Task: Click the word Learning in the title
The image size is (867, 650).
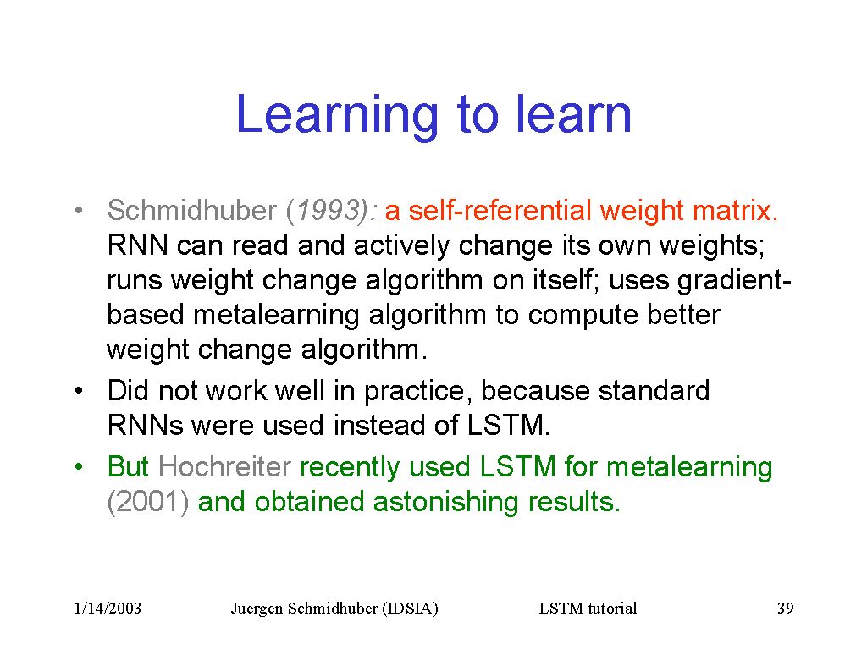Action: point(337,116)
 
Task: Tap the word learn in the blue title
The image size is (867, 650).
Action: point(573,114)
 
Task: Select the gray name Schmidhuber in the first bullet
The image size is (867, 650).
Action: point(192,210)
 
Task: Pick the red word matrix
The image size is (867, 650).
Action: point(736,210)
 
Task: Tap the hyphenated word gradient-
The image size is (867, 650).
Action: point(735,280)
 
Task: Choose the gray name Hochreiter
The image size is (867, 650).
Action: point(224,466)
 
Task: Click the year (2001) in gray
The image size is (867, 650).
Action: point(148,502)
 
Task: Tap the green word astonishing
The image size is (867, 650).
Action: point(445,502)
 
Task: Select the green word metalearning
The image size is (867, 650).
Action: point(689,467)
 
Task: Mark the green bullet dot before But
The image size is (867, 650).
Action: point(79,467)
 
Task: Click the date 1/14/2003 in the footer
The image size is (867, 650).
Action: point(108,609)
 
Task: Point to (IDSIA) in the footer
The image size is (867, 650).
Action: point(410,609)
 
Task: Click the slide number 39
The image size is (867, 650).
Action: point(785,609)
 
